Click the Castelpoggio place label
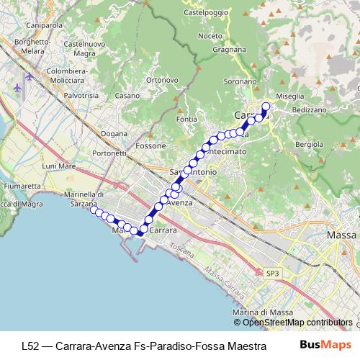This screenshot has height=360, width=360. click(206, 12)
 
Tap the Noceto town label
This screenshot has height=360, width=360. click(210, 35)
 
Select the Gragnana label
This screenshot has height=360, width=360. click(230, 50)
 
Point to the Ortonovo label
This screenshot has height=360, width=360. click(162, 79)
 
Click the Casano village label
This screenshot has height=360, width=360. click(127, 96)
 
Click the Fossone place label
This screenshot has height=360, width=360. click(150, 145)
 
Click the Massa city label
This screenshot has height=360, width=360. click(341, 235)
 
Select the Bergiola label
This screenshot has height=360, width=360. click(310, 144)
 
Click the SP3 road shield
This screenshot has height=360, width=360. click(271, 274)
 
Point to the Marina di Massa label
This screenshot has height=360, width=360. click(259, 312)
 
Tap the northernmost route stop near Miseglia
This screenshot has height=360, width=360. click(265, 107)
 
